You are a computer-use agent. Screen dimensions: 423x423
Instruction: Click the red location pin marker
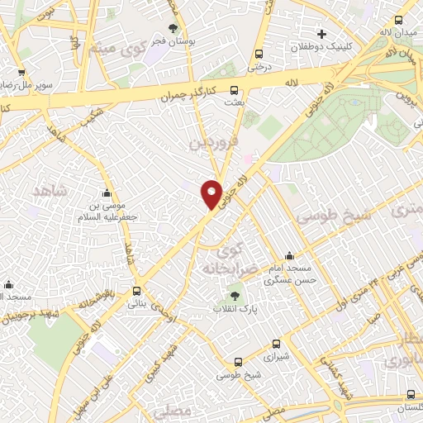click(212, 193)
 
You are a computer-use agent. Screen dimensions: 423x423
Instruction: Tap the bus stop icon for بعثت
click(235, 90)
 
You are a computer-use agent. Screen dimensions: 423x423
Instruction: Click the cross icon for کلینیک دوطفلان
click(321, 34)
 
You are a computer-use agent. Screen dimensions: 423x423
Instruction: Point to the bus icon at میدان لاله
click(399, 21)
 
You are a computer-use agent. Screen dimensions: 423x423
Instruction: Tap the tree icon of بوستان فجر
click(172, 27)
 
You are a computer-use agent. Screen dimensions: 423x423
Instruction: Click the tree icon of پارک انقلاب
click(234, 295)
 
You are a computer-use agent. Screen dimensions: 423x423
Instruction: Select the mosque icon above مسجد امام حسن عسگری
click(288, 256)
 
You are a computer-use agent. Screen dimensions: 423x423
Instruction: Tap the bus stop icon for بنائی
click(137, 291)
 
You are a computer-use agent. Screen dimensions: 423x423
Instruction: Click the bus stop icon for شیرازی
click(238, 361)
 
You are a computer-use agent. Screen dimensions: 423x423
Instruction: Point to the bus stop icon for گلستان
click(410, 396)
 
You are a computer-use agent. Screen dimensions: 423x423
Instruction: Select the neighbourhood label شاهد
click(48, 191)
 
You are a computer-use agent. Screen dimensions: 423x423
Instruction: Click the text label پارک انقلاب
click(234, 309)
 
